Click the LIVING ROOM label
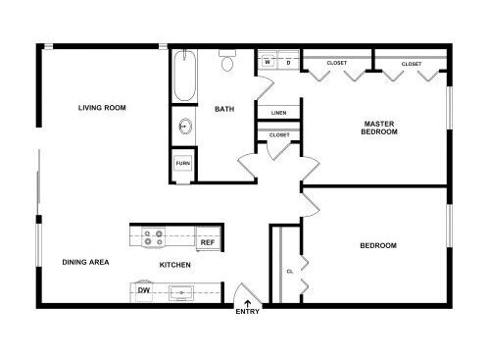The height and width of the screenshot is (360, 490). [x=102, y=108]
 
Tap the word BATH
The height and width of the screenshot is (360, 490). [x=224, y=109]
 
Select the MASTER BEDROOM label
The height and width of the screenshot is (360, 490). [x=379, y=128]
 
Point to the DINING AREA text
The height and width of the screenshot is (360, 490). [x=85, y=262]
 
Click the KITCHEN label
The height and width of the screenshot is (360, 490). [x=175, y=265]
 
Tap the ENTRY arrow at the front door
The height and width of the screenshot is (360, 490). [x=248, y=303]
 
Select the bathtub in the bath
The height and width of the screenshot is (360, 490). [x=184, y=76]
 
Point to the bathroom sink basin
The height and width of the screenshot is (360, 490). [x=185, y=126]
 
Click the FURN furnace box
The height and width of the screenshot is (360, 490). [x=183, y=163]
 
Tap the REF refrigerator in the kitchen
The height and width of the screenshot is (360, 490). [x=208, y=239]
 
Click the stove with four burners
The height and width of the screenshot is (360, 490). [x=153, y=237]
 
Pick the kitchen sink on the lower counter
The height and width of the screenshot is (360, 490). [x=181, y=293]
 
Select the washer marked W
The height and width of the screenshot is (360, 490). [x=268, y=61]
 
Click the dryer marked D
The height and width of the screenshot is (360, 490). [x=288, y=61]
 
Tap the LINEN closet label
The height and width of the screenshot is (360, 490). [x=278, y=113]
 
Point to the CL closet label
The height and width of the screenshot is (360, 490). [x=290, y=272]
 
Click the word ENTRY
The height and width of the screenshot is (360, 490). [x=248, y=312]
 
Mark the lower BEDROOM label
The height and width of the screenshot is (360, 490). [x=378, y=245]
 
